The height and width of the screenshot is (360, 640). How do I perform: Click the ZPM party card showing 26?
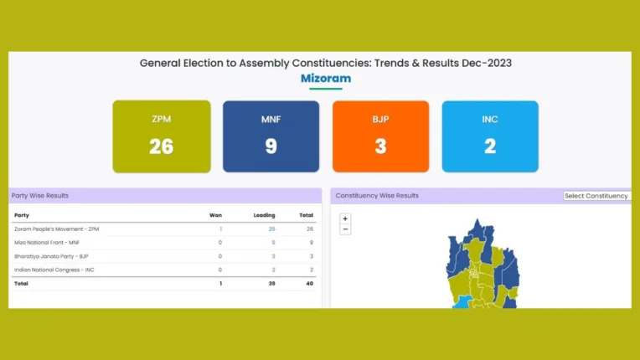click(162, 136)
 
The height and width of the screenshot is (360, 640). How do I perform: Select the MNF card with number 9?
click(271, 136)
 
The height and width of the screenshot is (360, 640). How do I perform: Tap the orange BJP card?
click(380, 136)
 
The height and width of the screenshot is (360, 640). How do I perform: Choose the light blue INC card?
click(490, 136)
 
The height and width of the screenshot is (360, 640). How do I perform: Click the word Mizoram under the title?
click(326, 79)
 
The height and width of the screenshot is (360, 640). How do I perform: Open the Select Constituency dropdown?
click(596, 196)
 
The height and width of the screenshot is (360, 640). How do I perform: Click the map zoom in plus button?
click(345, 219)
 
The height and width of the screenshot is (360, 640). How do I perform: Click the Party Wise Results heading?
click(40, 196)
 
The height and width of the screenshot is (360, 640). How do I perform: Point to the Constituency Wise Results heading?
click(377, 196)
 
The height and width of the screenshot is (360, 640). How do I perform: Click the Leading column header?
click(264, 215)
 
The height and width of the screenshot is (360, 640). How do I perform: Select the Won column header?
click(215, 215)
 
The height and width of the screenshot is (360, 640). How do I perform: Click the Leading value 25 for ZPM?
click(271, 229)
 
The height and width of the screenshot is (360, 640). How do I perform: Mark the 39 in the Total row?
click(271, 284)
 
